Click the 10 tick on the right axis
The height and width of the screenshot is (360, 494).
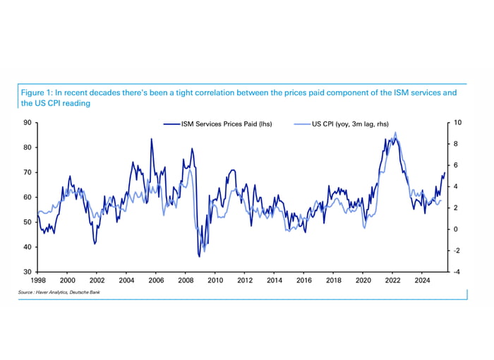(457, 123)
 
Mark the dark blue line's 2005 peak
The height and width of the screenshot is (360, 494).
(150, 139)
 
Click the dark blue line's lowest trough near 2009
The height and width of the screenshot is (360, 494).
(200, 256)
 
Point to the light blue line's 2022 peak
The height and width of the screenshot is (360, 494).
(395, 133)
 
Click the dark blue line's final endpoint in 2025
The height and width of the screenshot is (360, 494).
(445, 172)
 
